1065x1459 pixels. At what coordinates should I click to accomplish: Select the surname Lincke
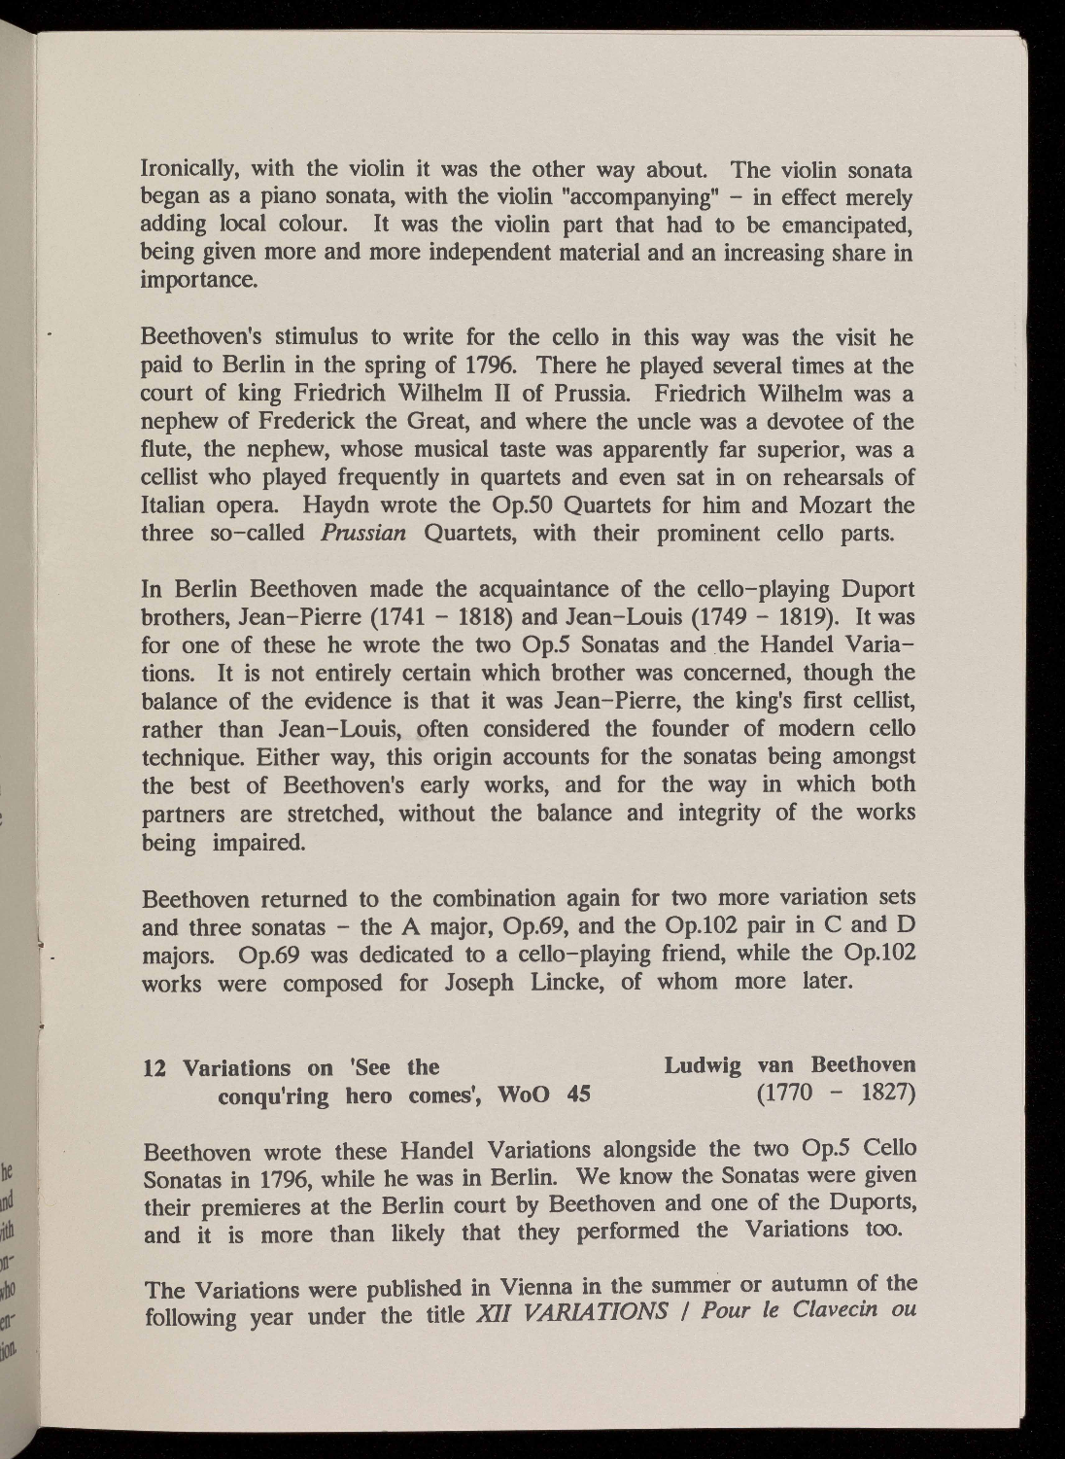pyautogui.click(x=567, y=982)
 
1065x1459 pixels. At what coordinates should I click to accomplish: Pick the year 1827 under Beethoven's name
pyautogui.click(x=887, y=1094)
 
